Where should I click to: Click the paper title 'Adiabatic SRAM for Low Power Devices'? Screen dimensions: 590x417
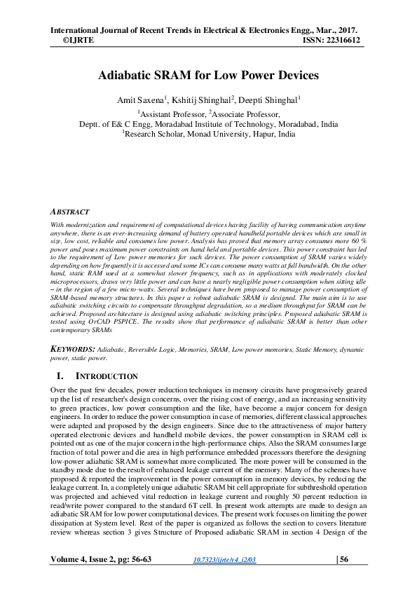(x=207, y=74)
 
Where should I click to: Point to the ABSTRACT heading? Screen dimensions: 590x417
(x=70, y=211)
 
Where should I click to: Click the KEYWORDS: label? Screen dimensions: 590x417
(x=75, y=348)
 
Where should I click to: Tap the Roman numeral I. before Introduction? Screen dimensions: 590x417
(x=60, y=376)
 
